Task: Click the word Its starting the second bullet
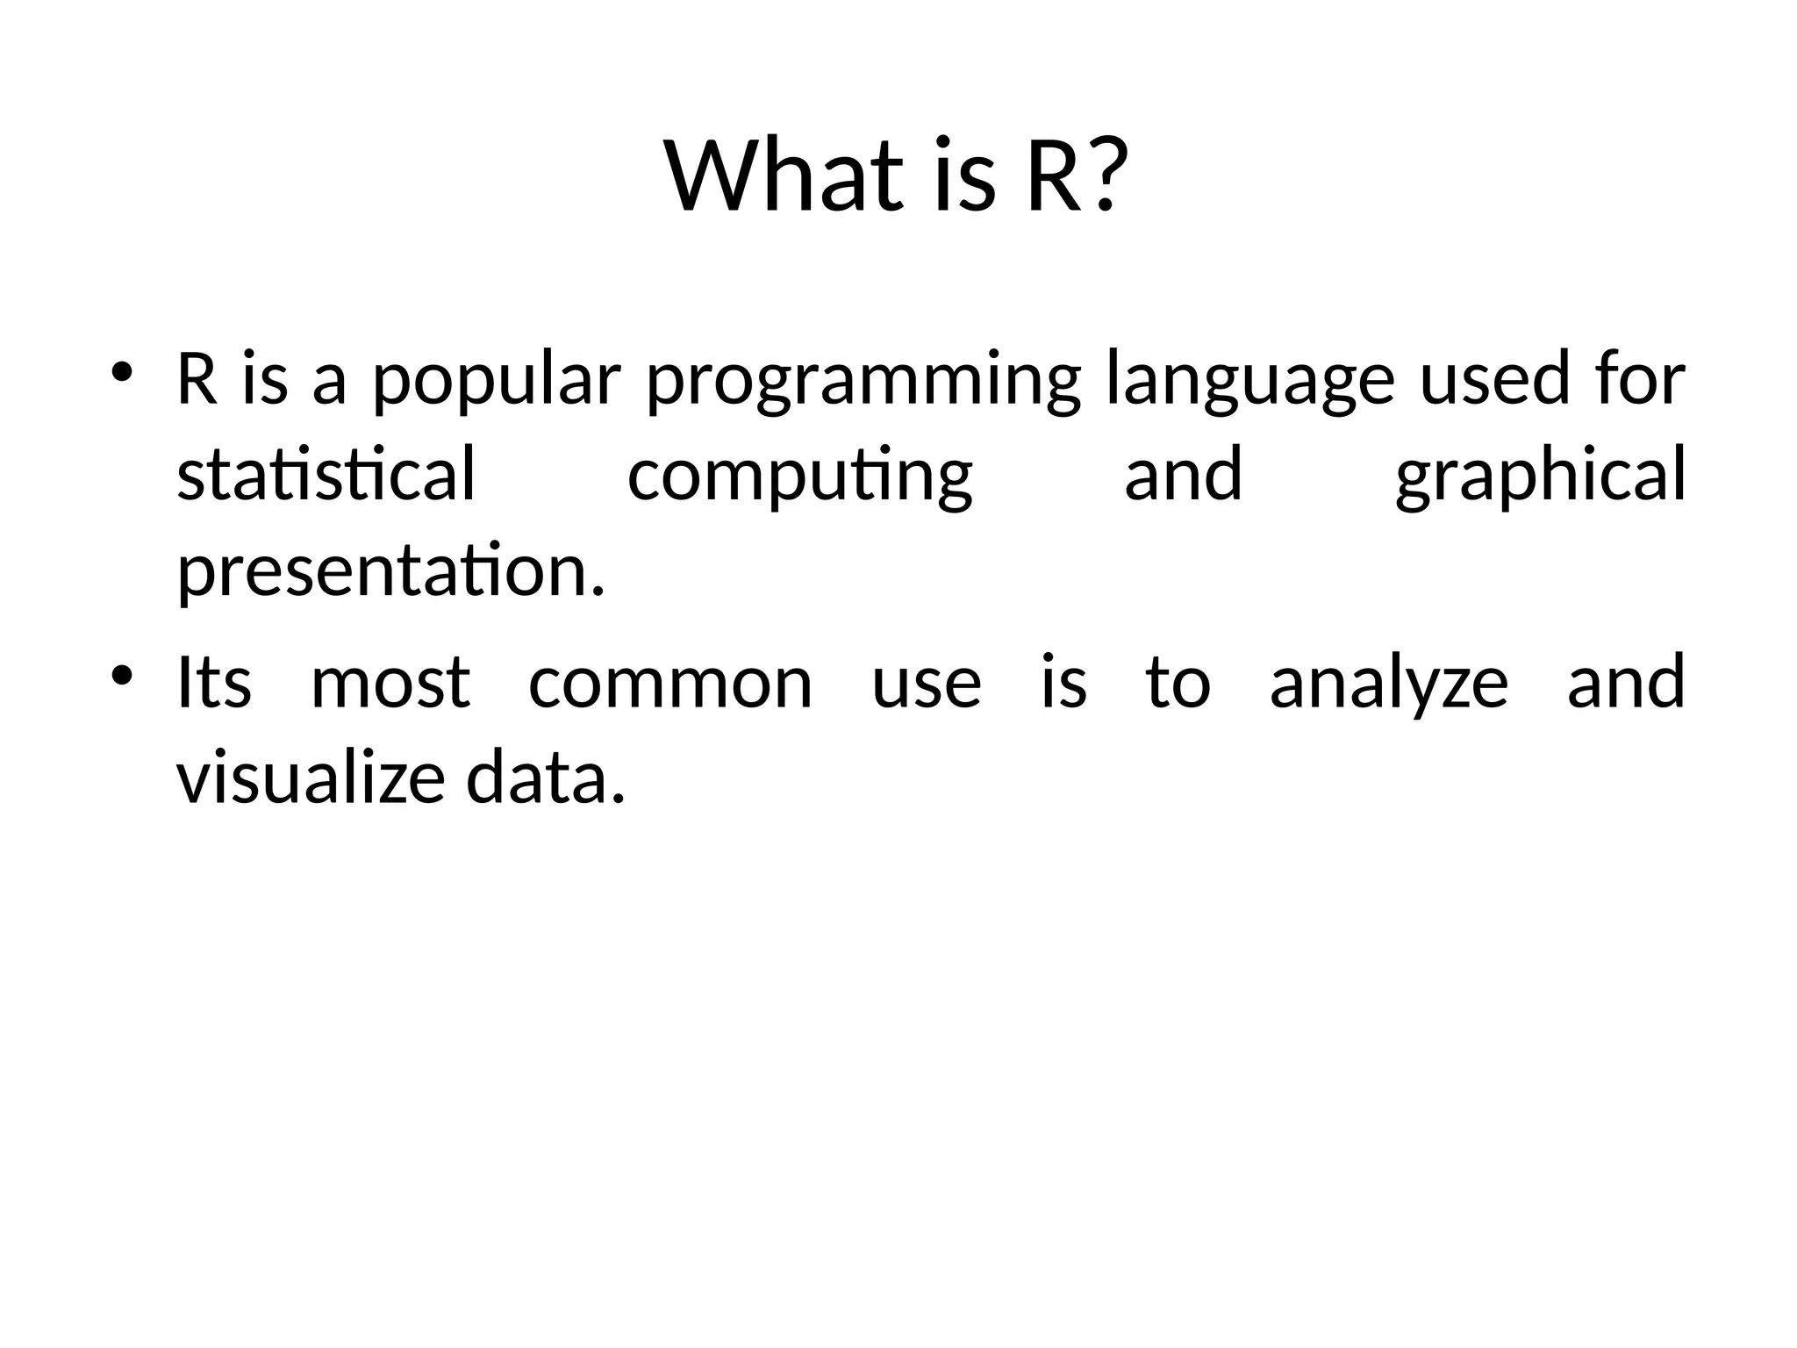(214, 682)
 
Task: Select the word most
(390, 682)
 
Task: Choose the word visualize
(311, 778)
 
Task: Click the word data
(545, 778)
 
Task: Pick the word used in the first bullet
(1493, 379)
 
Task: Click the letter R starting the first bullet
(197, 379)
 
